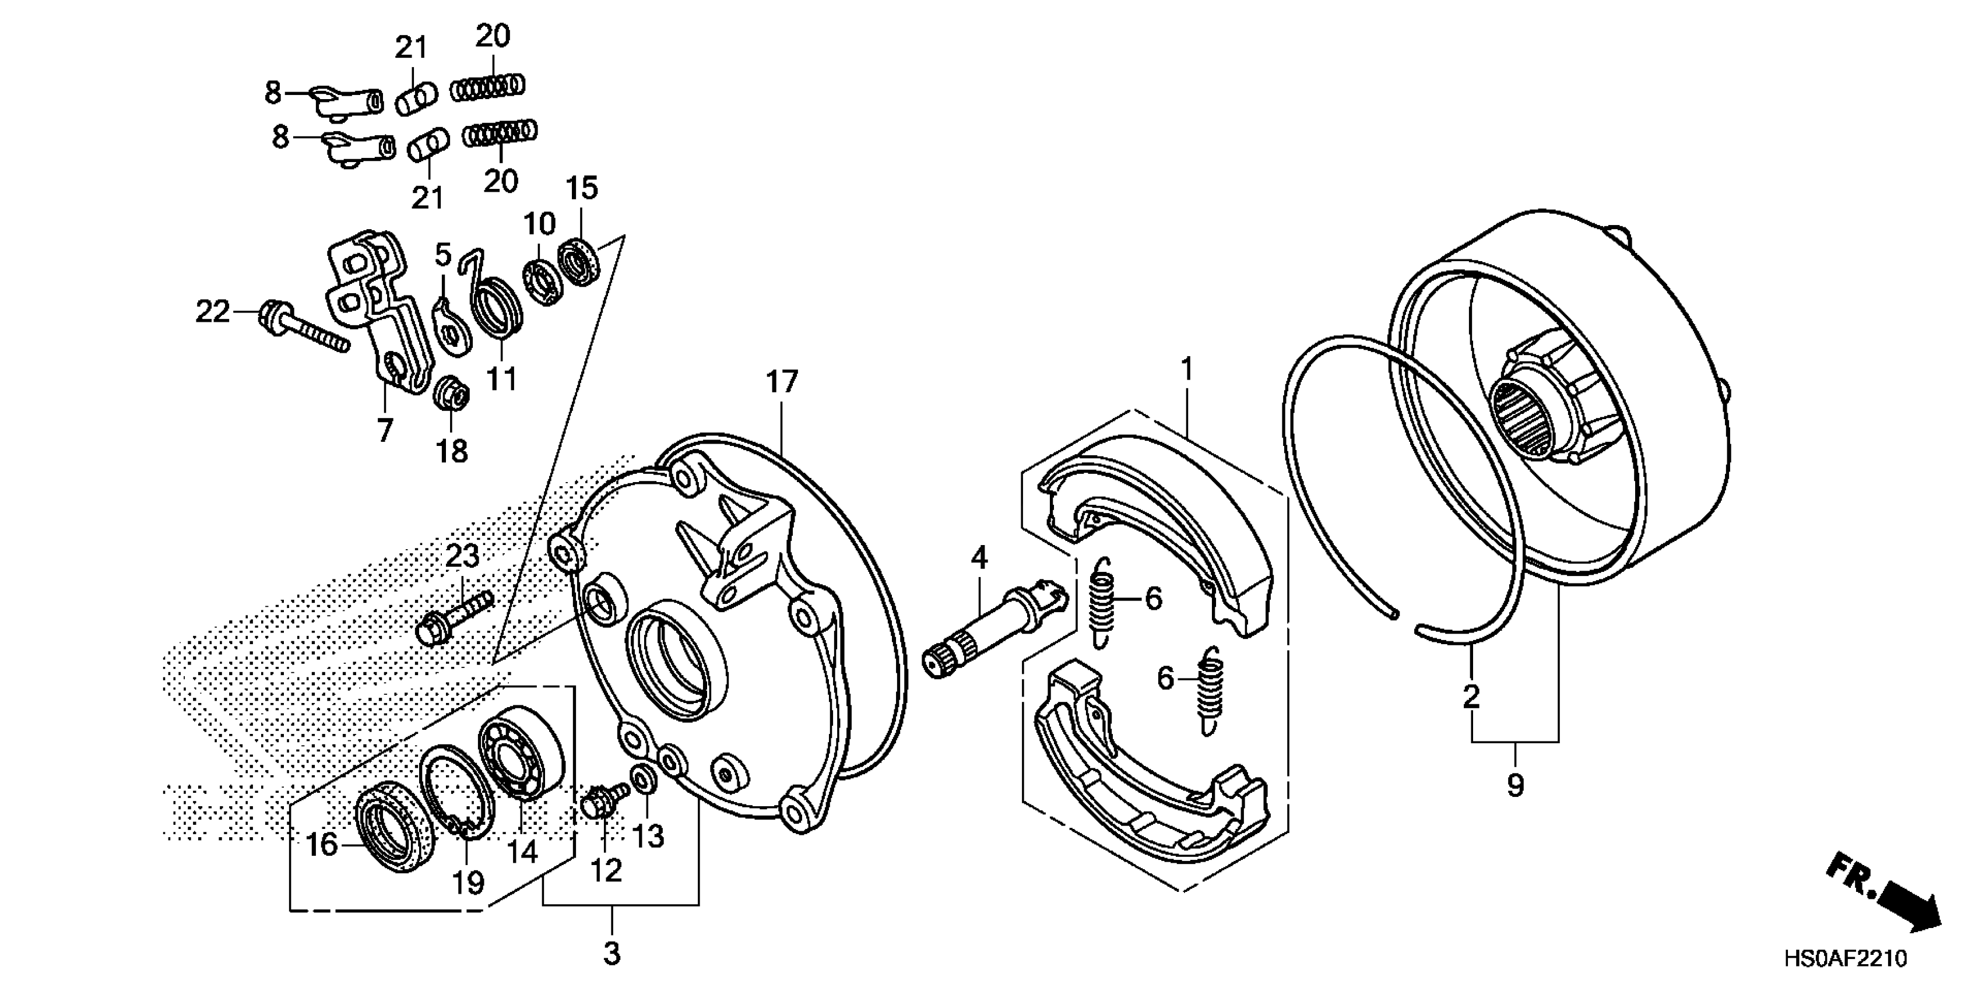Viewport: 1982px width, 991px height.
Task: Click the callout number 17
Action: pos(782,382)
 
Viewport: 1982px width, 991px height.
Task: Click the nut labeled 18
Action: pos(452,395)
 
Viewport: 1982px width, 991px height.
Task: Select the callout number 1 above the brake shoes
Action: pos(1187,370)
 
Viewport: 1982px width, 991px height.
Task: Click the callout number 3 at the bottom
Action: pos(612,954)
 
